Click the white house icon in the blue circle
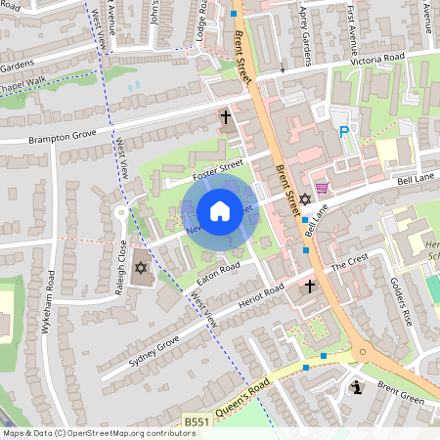click(x=220, y=211)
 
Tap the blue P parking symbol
click(x=343, y=132)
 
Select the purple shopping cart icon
click(x=322, y=188)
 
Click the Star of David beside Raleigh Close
click(x=140, y=267)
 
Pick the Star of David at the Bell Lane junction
click(x=304, y=199)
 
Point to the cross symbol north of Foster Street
click(x=226, y=117)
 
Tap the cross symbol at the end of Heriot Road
click(x=310, y=286)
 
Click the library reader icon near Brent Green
click(x=357, y=388)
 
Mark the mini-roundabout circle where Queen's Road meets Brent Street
click(x=363, y=350)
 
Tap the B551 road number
click(x=197, y=421)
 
